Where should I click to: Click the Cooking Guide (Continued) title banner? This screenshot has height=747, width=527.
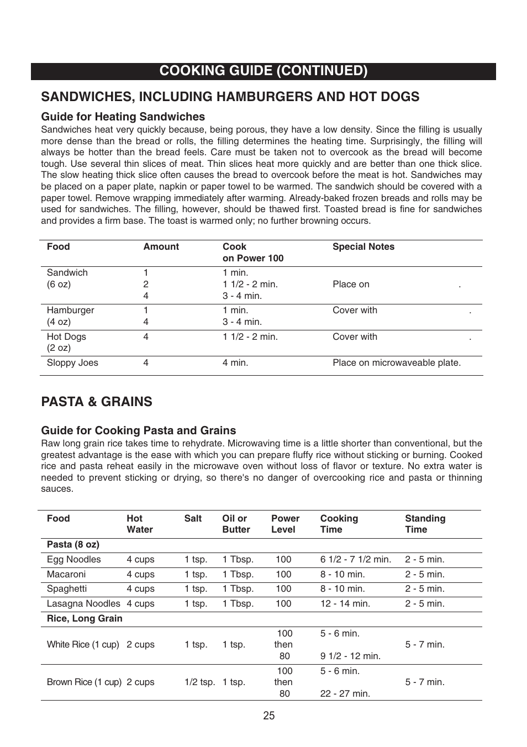point(263,71)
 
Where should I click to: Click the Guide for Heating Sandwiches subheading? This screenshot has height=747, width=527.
point(123,117)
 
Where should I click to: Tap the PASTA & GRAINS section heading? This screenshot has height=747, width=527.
point(97,402)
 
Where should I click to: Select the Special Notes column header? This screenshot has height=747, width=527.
point(363,247)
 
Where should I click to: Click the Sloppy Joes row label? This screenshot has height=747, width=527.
point(72,363)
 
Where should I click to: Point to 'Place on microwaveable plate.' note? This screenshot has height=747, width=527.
point(396,363)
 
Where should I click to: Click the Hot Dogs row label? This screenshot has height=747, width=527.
point(66,337)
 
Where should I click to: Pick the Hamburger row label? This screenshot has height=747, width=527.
point(70,311)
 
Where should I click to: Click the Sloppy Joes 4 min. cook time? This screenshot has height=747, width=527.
point(235,363)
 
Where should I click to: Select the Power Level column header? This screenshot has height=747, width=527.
point(285,524)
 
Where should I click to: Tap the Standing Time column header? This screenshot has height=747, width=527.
point(425,524)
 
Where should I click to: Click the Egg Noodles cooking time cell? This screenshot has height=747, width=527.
point(355,560)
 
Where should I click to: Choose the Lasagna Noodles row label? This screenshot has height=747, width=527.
point(83,604)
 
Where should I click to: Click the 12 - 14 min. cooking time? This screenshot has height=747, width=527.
point(345,604)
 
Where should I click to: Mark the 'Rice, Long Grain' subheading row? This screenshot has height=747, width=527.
point(85,619)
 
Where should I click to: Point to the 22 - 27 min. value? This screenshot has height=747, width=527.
point(345,694)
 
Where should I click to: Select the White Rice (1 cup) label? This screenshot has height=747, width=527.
point(83,645)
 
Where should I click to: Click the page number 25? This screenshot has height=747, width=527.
point(268,716)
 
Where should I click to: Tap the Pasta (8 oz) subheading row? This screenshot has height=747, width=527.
point(73,545)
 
